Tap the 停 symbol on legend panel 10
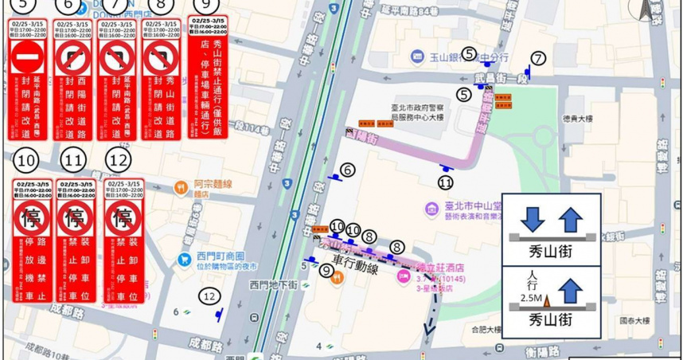[x=31, y=217]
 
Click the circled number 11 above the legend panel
[x=74, y=160]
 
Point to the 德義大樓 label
[x=577, y=119]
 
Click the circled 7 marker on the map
[x=539, y=58]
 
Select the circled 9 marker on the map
[x=326, y=271]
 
